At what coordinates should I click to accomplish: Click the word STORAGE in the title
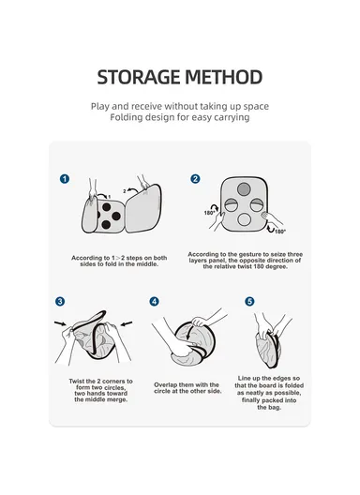[x=139, y=77]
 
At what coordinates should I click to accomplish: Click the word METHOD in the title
[x=224, y=77]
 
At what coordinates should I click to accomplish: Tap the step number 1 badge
[x=65, y=179]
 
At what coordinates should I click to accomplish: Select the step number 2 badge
[x=195, y=179]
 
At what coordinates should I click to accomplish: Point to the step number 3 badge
[x=60, y=301]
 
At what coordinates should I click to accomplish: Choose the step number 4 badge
[x=154, y=301]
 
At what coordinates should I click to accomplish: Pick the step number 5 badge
[x=249, y=301]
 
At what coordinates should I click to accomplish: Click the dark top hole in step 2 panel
[x=244, y=189]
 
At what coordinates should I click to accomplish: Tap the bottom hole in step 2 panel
[x=244, y=219]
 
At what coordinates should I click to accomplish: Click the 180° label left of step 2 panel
[x=209, y=213]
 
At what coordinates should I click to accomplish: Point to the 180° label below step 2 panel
[x=280, y=232]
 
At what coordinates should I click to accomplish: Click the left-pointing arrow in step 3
[x=127, y=323]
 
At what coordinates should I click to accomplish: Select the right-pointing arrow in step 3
[x=60, y=323]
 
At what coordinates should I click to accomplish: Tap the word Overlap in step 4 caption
[x=166, y=384]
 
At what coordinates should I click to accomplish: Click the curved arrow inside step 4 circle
[x=190, y=333]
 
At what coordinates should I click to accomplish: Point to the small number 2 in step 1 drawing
[x=125, y=191]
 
